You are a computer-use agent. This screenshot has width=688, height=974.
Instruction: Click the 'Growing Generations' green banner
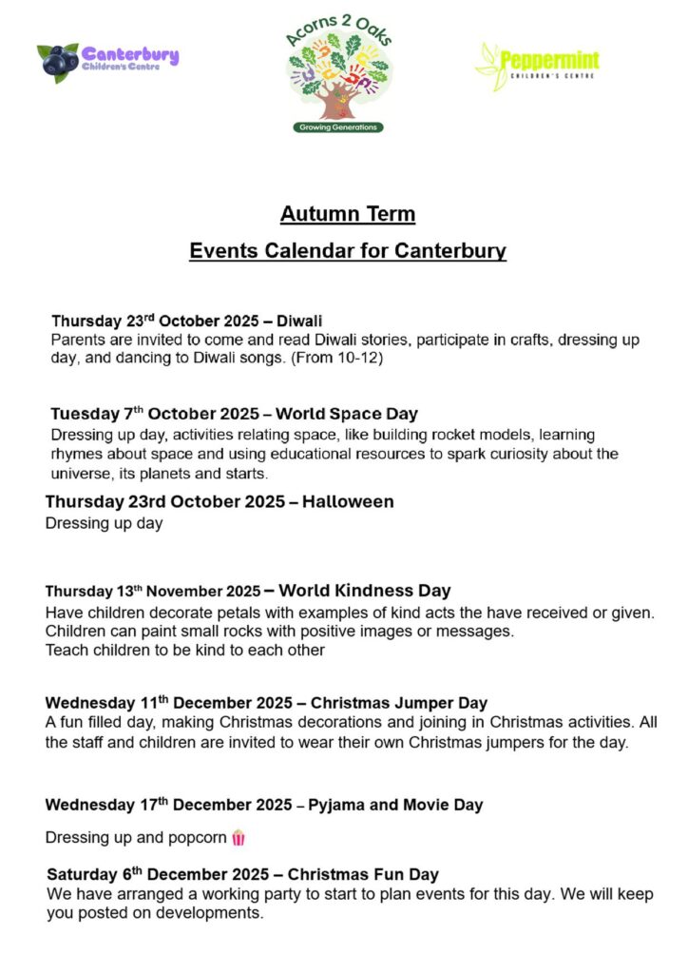coord(338,127)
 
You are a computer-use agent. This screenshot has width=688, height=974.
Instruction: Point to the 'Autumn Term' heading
coord(347,214)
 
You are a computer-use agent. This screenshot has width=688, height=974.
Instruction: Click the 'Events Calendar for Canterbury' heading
coord(347,251)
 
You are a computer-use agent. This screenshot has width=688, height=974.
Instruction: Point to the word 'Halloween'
coord(348,501)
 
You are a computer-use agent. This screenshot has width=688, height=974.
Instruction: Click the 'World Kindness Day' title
coord(365,591)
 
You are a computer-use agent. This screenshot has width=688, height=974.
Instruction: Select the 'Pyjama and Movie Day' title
coord(395,805)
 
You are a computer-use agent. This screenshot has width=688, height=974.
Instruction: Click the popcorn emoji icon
coord(238,838)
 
